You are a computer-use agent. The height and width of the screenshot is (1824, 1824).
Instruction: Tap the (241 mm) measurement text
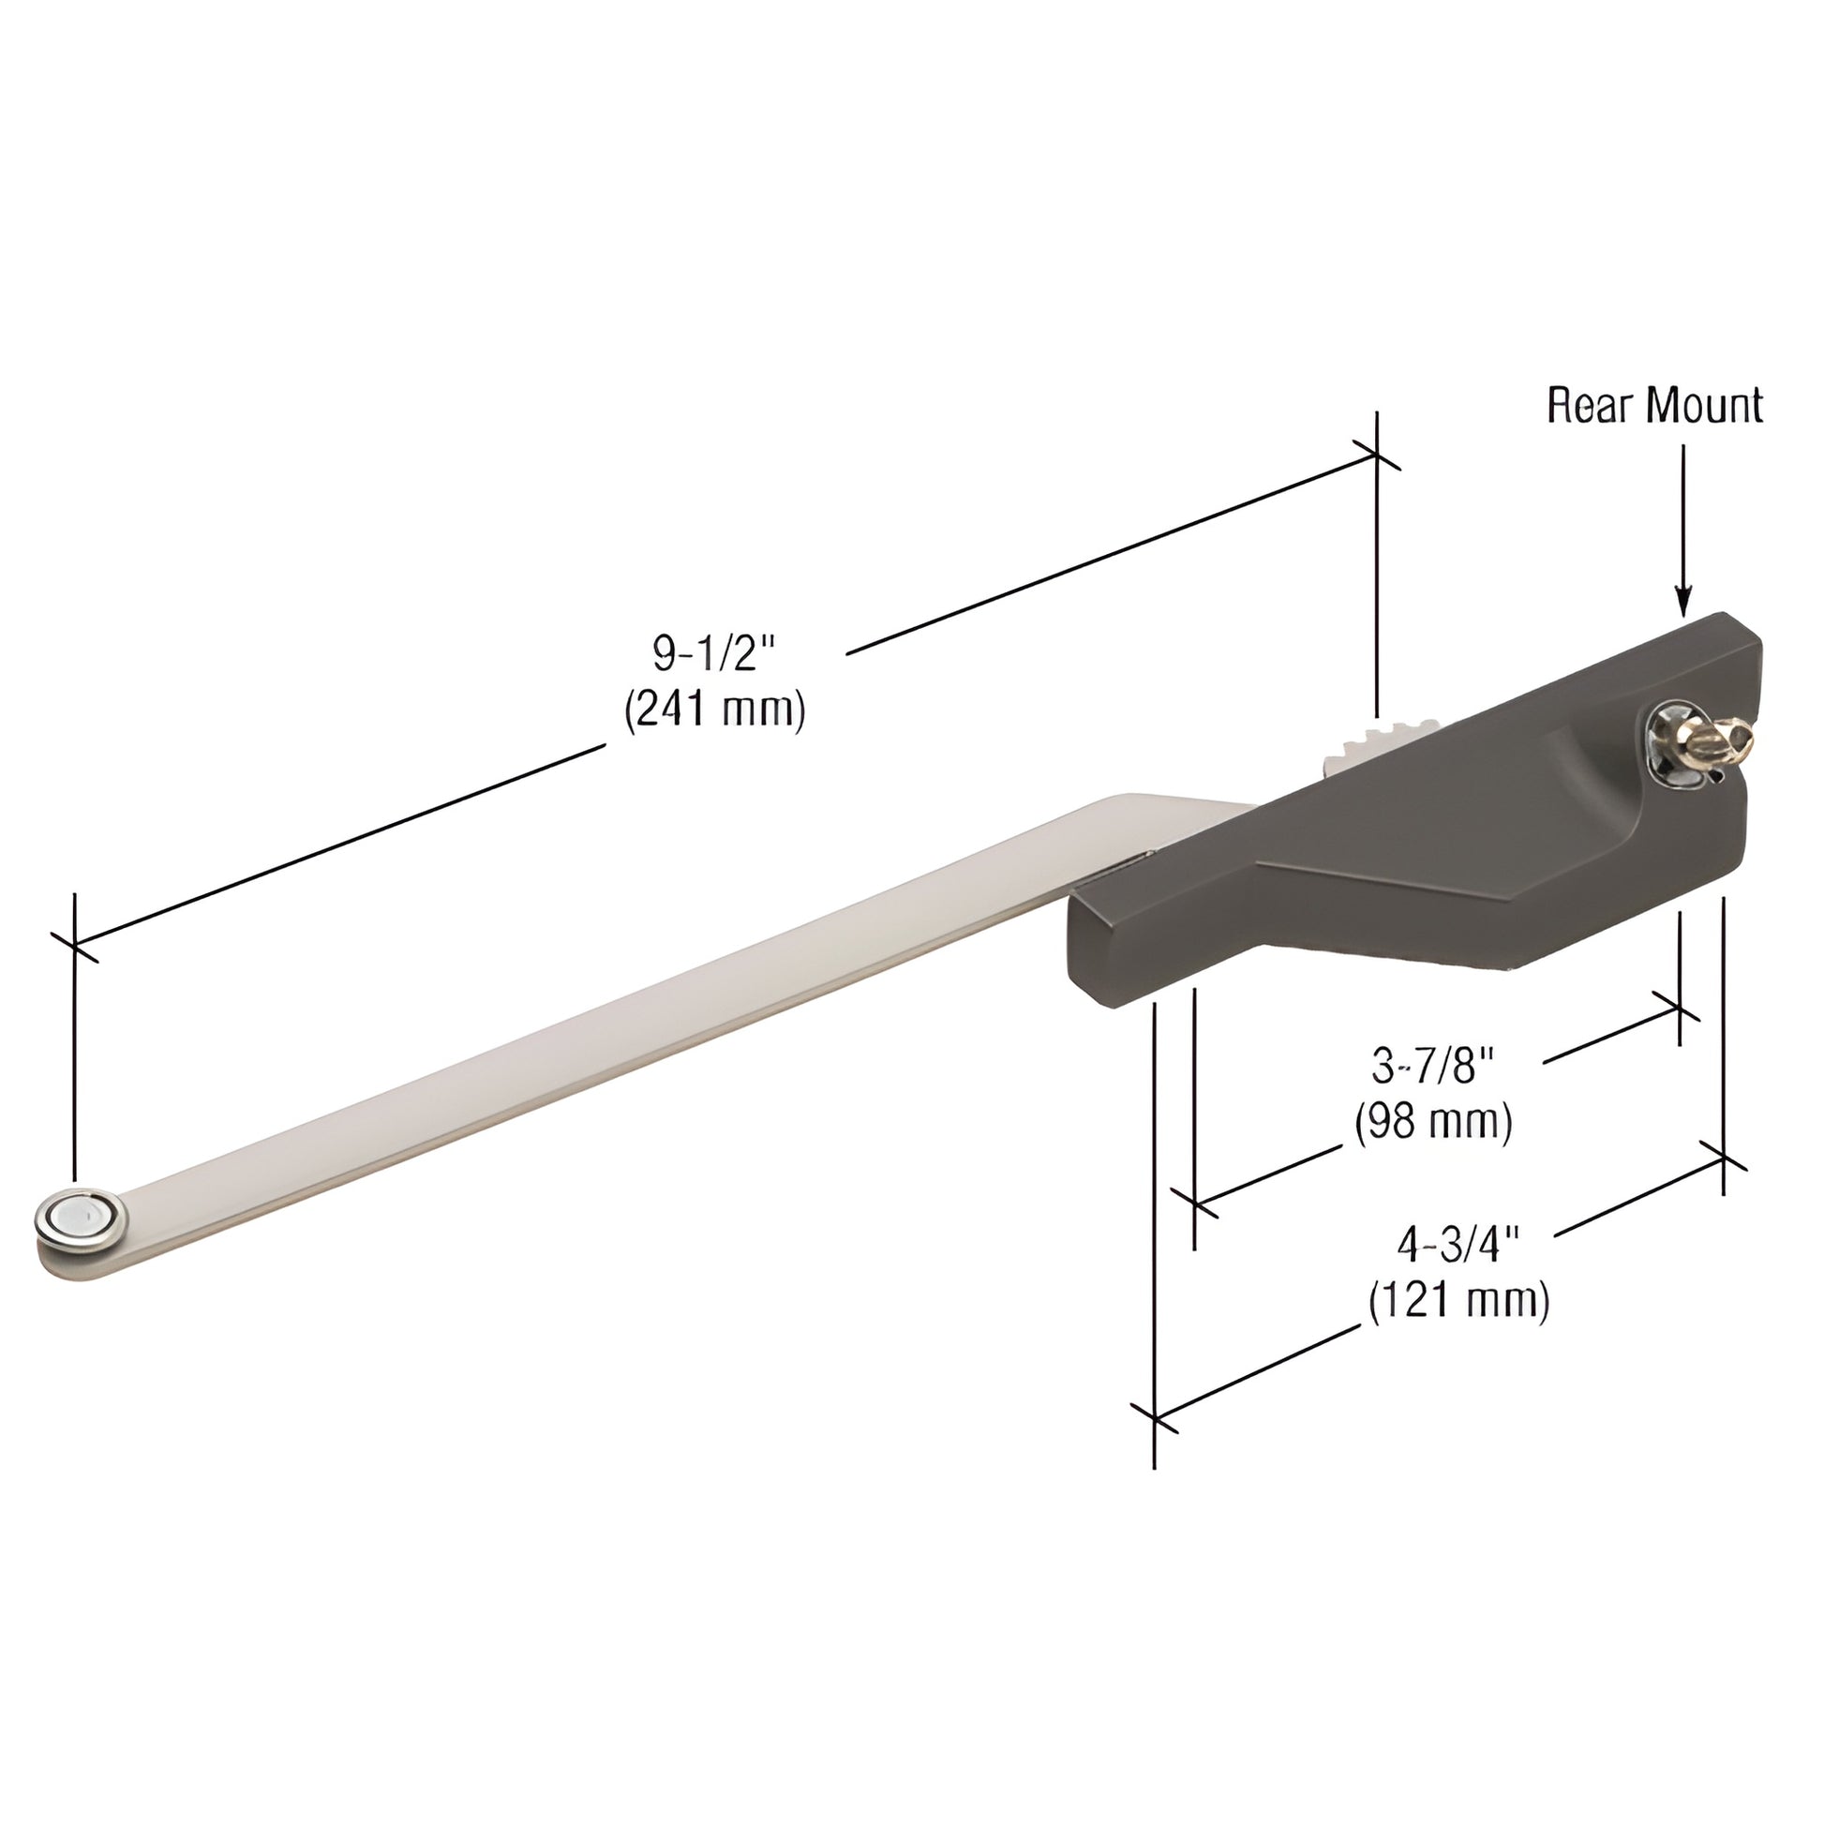[x=714, y=710]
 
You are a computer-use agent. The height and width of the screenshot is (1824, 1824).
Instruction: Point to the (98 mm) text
[x=1433, y=1123]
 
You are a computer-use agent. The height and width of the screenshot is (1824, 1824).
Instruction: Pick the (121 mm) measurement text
[x=1458, y=1302]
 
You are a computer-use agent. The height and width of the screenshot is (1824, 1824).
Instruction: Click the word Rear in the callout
[x=1591, y=406]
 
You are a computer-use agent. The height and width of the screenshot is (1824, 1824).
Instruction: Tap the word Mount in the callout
[x=1703, y=406]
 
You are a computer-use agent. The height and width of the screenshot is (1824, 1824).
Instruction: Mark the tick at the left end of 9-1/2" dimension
[x=74, y=944]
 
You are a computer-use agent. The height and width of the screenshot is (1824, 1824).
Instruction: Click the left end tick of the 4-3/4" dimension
[x=1155, y=1416]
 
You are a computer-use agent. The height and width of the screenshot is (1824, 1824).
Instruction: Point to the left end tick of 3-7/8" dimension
[x=1195, y=1204]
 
